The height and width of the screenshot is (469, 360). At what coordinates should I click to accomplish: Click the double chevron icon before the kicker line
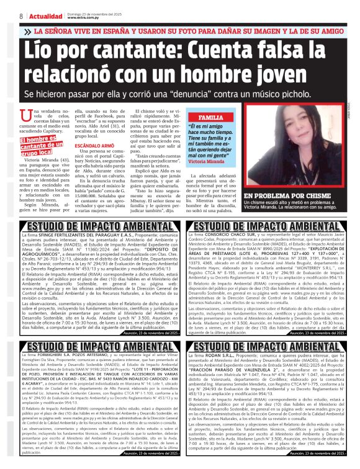pos(27,30)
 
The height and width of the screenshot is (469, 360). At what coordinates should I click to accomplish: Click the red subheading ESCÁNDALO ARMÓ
pos(94,146)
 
